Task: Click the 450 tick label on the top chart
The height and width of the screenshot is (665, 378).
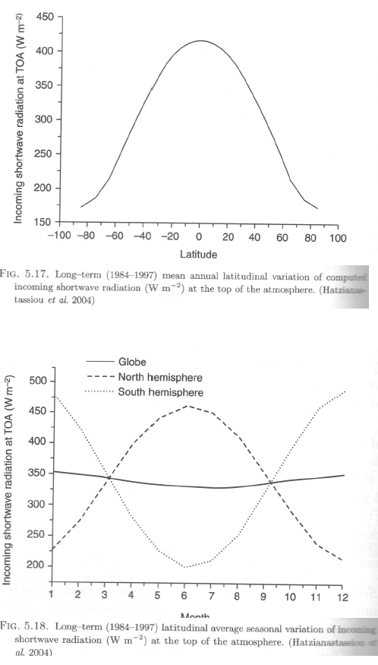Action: tap(43, 16)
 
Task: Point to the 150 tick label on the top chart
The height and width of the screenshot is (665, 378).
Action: tap(43, 222)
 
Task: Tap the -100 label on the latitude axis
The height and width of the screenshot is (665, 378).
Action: tap(60, 237)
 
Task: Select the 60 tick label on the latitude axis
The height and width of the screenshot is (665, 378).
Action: tap(282, 237)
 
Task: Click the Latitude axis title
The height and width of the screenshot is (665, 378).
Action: tap(200, 254)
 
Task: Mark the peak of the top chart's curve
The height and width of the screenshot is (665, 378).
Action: tap(200, 40)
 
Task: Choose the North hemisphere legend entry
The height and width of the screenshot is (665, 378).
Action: tap(160, 378)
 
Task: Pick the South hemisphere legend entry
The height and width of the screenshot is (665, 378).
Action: tap(160, 392)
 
